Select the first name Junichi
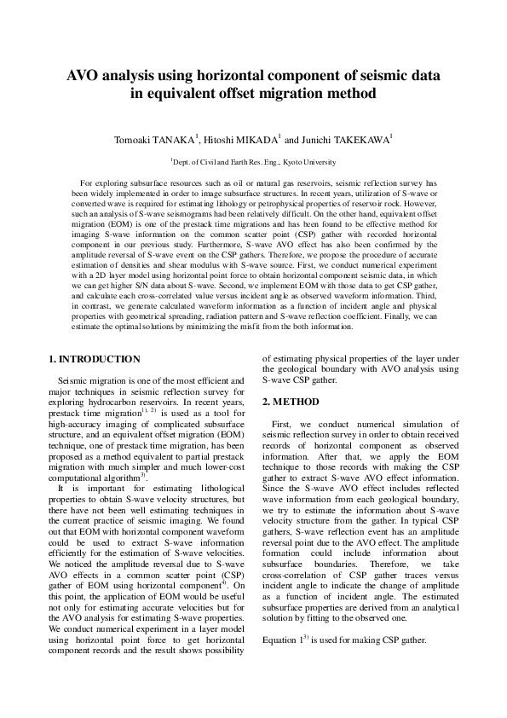coord(318,139)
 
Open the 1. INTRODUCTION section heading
coord(94,359)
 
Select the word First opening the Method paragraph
coord(282,423)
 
